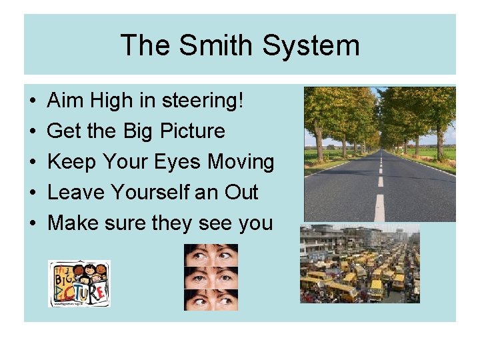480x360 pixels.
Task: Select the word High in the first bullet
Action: (109, 101)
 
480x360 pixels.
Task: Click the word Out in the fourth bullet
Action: (241, 193)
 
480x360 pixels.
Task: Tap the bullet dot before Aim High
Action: (33, 101)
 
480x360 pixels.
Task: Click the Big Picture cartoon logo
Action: (79, 283)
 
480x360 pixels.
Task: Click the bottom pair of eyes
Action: (211, 300)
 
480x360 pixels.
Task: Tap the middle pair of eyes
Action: (211, 277)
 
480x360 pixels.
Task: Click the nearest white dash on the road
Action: (379, 207)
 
